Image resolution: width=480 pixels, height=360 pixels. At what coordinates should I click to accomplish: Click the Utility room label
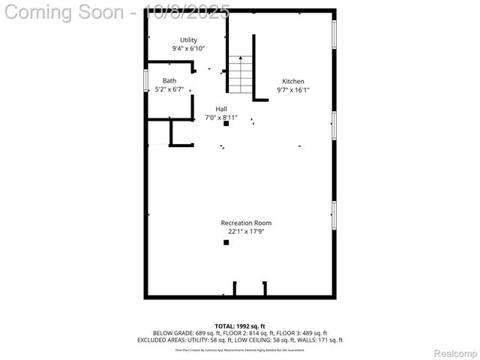(x=188, y=40)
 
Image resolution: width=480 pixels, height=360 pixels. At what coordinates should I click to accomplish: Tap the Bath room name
(x=169, y=81)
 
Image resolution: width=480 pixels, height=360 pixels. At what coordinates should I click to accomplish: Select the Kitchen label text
(x=293, y=82)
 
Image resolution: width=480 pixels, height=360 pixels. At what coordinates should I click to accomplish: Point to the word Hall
(x=221, y=109)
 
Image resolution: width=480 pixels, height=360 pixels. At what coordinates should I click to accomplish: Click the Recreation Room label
(x=246, y=223)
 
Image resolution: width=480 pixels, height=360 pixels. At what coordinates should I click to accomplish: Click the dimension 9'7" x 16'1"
(x=293, y=90)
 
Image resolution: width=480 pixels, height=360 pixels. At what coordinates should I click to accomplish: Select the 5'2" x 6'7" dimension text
(x=169, y=89)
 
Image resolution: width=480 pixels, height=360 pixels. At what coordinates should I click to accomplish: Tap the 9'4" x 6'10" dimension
(x=188, y=48)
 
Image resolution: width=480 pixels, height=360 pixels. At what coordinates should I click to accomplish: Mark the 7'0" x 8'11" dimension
(x=221, y=117)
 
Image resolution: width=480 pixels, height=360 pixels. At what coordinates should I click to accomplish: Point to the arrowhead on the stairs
(x=241, y=58)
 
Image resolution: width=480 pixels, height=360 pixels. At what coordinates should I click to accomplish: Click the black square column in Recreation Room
(x=226, y=242)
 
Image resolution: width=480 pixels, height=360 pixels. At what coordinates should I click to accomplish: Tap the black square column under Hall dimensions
(x=226, y=124)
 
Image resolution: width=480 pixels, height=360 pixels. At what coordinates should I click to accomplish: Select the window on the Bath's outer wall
(x=145, y=80)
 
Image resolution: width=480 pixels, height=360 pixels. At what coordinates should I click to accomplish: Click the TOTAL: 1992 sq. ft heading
(x=240, y=326)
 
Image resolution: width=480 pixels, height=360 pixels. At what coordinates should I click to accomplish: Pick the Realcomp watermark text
(x=455, y=353)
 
